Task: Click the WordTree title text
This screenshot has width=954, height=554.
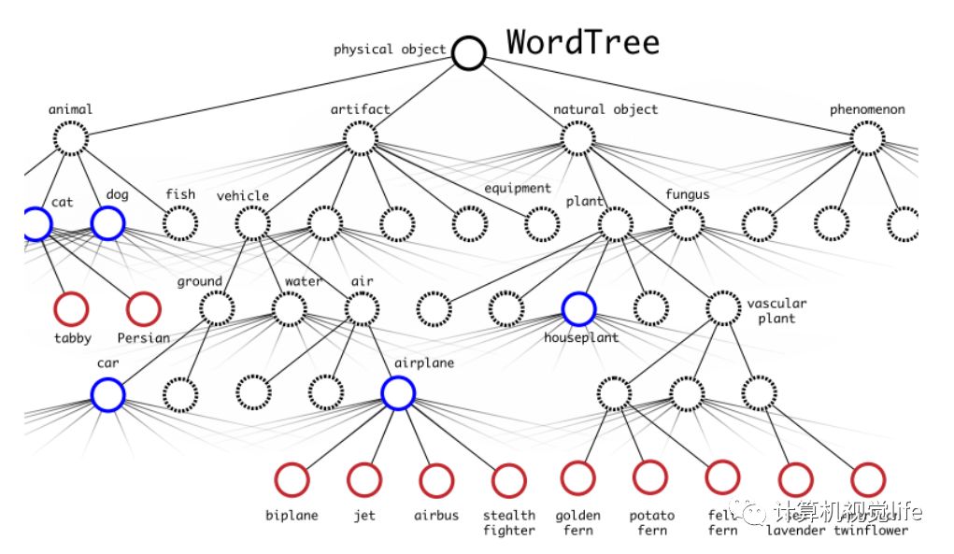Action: click(x=583, y=42)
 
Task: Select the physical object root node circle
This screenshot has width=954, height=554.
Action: click(x=469, y=52)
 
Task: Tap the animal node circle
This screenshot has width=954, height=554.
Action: click(x=71, y=139)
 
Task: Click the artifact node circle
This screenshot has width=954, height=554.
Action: click(x=360, y=139)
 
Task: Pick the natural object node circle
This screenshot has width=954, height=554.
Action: click(x=578, y=139)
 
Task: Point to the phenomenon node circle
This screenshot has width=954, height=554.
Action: click(x=868, y=139)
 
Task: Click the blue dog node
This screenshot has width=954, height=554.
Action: click(x=107, y=223)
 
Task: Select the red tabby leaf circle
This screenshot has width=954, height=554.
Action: click(x=71, y=308)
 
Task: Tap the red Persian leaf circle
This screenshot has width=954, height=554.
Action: click(x=143, y=308)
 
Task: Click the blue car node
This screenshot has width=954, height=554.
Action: click(x=107, y=394)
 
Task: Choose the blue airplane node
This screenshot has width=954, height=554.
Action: click(x=398, y=394)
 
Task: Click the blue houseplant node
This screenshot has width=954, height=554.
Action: click(x=579, y=308)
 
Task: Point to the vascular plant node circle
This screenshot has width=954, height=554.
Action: click(x=723, y=308)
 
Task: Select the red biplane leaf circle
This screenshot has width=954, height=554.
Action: click(x=292, y=479)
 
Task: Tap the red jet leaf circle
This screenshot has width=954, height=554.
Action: click(x=363, y=479)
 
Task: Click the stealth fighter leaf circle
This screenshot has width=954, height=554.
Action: click(x=508, y=480)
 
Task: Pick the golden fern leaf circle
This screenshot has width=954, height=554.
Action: click(x=578, y=477)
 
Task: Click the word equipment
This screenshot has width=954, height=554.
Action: click(x=517, y=189)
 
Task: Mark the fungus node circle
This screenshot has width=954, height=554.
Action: click(x=687, y=223)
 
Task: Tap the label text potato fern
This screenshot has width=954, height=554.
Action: click(x=651, y=523)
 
